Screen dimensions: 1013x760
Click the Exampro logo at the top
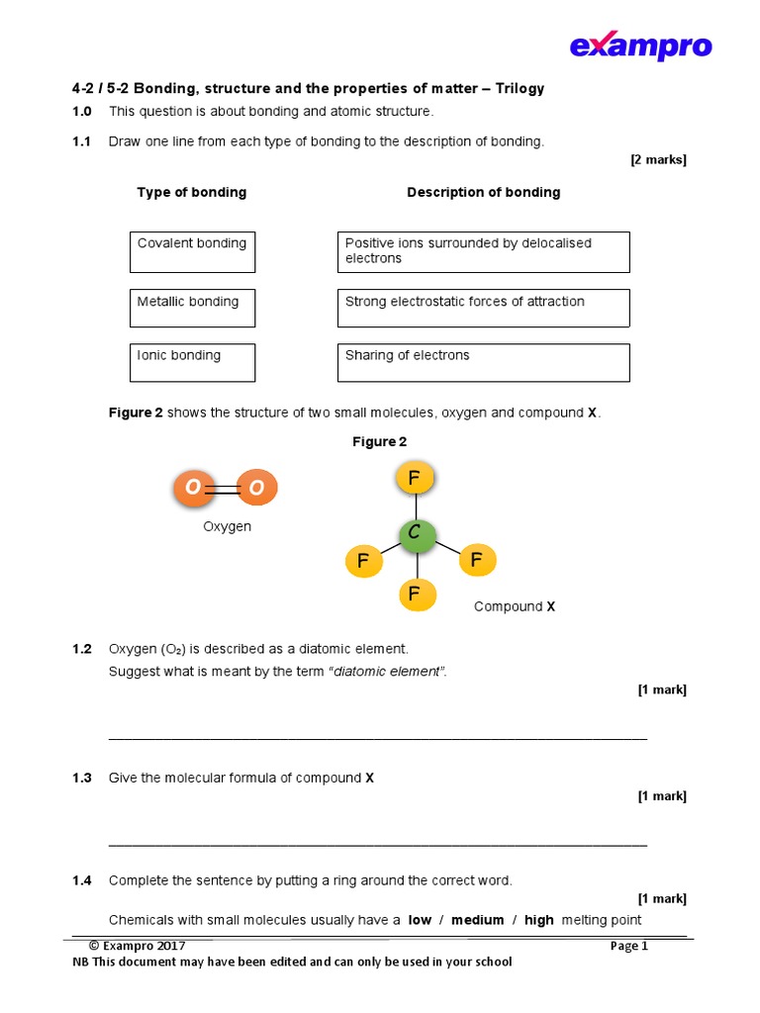point(640,46)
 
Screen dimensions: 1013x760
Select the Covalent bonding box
point(192,252)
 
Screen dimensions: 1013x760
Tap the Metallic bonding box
point(192,308)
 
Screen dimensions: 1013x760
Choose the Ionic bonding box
point(192,362)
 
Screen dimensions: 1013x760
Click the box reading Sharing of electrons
point(483,362)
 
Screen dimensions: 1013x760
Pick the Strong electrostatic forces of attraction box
point(483,308)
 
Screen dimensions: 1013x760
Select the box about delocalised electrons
point(483,252)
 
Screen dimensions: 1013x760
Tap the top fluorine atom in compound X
point(415,479)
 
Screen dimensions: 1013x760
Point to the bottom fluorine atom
point(415,594)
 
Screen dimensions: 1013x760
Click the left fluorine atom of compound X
point(363,562)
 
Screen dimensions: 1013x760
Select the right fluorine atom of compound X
point(477,560)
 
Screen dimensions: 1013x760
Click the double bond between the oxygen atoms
point(225,488)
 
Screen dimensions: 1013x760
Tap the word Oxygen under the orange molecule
point(228,527)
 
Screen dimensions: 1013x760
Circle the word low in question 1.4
point(421,920)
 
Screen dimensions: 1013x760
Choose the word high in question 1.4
point(539,920)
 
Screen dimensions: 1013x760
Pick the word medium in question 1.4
point(478,920)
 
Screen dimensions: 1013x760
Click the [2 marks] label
point(658,160)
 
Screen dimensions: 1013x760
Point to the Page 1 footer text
point(629,946)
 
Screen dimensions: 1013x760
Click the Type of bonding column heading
point(192,193)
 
